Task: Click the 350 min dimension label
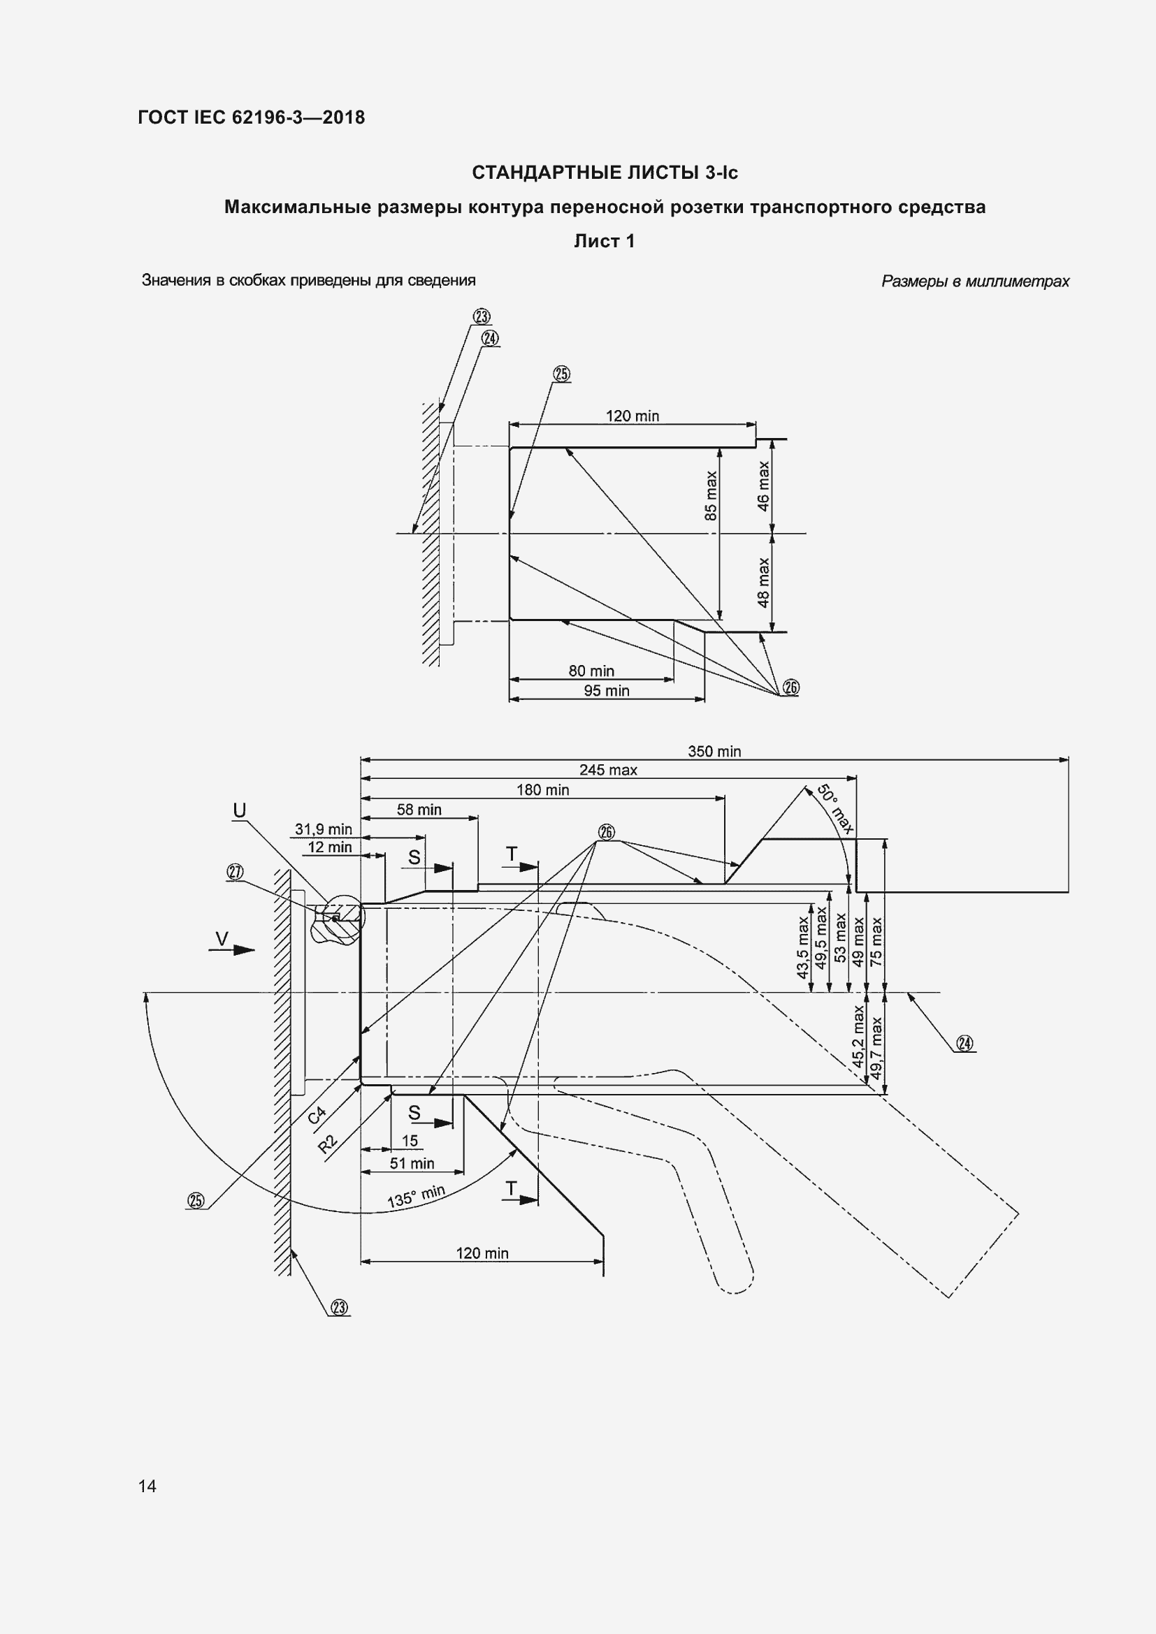tap(714, 752)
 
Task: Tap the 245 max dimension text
tap(608, 770)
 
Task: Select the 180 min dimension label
tap(542, 790)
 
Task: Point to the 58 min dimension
tap(419, 810)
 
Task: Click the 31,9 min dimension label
tap(323, 829)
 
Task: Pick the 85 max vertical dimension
tap(711, 495)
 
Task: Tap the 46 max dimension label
tap(763, 486)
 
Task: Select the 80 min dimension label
tap(591, 671)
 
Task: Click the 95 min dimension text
tap(607, 691)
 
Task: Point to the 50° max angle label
tap(835, 808)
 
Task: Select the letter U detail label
tap(239, 810)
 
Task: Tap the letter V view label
tap(222, 939)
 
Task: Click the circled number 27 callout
tap(235, 873)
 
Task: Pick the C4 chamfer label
tap(317, 1115)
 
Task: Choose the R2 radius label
tap(327, 1144)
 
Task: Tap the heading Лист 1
tap(605, 241)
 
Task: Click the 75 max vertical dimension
tap(876, 941)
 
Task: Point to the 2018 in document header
tap(344, 117)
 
